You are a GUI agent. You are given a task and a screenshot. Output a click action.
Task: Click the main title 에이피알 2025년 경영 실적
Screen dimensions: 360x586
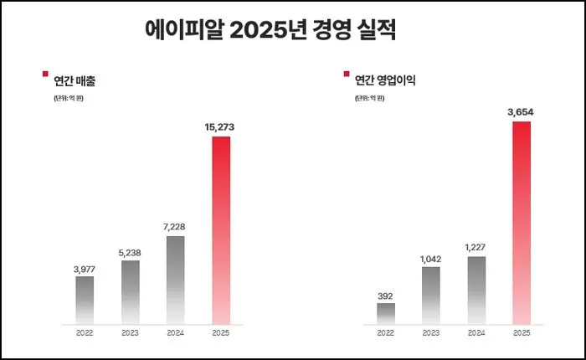coord(270,31)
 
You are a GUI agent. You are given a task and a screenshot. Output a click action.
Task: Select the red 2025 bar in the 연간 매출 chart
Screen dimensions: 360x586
coord(221,230)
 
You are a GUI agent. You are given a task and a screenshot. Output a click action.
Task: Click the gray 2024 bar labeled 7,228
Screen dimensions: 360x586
coord(175,280)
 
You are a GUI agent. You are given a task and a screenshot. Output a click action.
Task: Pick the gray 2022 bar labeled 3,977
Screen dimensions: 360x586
coord(85,300)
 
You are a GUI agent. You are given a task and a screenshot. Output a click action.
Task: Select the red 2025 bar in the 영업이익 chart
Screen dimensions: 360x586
coord(522,223)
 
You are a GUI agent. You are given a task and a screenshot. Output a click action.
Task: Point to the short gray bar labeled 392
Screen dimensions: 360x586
coord(386,313)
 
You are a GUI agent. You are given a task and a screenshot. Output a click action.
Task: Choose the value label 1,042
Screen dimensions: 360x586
coord(431,259)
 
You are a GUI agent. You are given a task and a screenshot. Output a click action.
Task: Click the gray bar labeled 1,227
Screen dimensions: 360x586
coord(476,290)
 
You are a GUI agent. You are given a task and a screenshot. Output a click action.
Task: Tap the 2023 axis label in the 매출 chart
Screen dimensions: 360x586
coord(130,332)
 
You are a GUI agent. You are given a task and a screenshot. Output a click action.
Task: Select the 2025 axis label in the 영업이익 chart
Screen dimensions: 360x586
coord(522,332)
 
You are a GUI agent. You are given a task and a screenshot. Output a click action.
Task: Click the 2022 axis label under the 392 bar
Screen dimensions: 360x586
coord(386,332)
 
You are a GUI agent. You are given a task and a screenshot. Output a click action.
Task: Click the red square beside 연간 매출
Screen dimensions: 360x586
coord(45,74)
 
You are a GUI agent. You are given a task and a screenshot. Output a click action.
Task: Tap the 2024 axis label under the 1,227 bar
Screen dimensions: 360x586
coord(476,332)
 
